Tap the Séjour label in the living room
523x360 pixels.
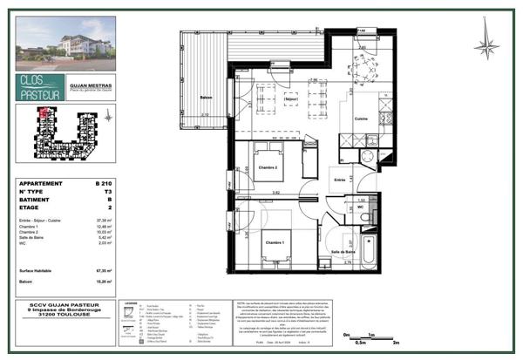(292, 100)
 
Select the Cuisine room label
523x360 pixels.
(361, 118)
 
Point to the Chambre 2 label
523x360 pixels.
(266, 167)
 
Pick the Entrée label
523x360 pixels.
(339, 180)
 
